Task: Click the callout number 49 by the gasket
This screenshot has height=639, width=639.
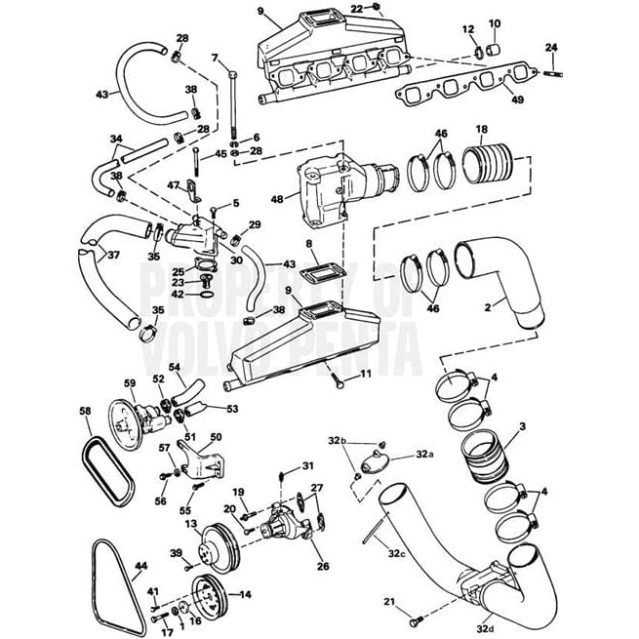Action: click(516, 99)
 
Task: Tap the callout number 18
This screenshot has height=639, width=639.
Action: click(482, 129)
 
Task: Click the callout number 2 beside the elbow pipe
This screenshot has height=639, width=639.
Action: click(487, 308)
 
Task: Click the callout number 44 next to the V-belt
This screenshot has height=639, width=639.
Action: click(140, 566)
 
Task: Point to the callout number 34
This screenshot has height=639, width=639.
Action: click(116, 139)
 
